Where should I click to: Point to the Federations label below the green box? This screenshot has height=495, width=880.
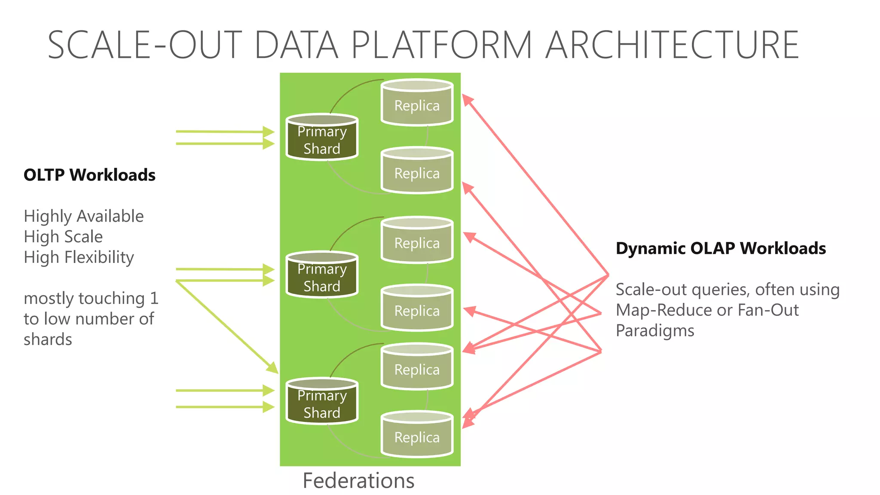point(358,480)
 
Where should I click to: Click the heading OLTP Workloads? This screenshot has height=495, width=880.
point(89,175)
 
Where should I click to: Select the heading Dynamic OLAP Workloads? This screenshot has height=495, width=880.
point(721,248)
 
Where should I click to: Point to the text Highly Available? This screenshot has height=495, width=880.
point(84,216)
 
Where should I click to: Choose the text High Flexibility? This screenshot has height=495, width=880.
point(79,257)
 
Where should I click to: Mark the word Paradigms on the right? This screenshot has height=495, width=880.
point(655,331)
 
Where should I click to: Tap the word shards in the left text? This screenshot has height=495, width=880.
point(48,339)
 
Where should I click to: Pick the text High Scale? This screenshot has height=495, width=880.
point(63,237)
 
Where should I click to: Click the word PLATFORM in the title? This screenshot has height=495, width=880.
point(442,45)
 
